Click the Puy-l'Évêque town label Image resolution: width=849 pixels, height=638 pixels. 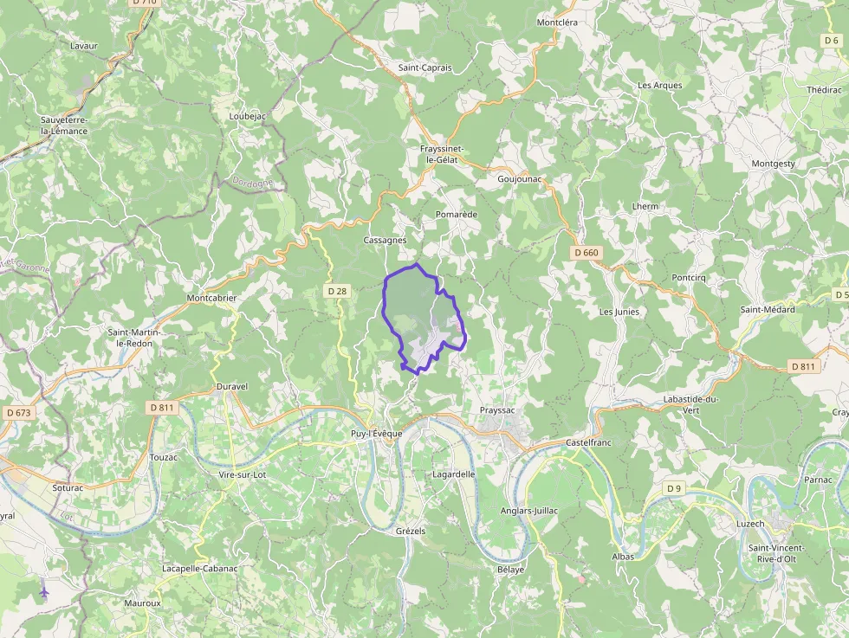[371, 434]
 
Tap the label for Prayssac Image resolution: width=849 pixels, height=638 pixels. [498, 410]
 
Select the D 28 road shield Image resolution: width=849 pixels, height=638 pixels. [337, 291]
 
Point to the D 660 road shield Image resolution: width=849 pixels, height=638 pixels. [587, 253]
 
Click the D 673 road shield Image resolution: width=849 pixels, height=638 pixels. [17, 413]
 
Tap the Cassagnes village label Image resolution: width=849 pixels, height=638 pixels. [386, 241]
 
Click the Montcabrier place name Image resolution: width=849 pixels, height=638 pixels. [211, 298]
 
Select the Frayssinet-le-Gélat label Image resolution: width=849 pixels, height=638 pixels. [442, 154]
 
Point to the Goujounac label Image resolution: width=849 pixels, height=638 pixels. [520, 179]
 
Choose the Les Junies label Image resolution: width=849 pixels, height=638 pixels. [619, 312]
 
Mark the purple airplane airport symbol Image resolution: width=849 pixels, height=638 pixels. [44, 592]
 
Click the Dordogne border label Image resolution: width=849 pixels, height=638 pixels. [253, 183]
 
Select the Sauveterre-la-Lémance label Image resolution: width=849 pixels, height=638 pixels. [64, 126]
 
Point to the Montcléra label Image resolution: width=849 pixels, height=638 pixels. [557, 23]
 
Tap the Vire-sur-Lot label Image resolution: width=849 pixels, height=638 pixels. [243, 474]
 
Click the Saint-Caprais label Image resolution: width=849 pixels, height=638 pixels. [424, 68]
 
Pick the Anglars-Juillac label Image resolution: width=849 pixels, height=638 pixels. [529, 511]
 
